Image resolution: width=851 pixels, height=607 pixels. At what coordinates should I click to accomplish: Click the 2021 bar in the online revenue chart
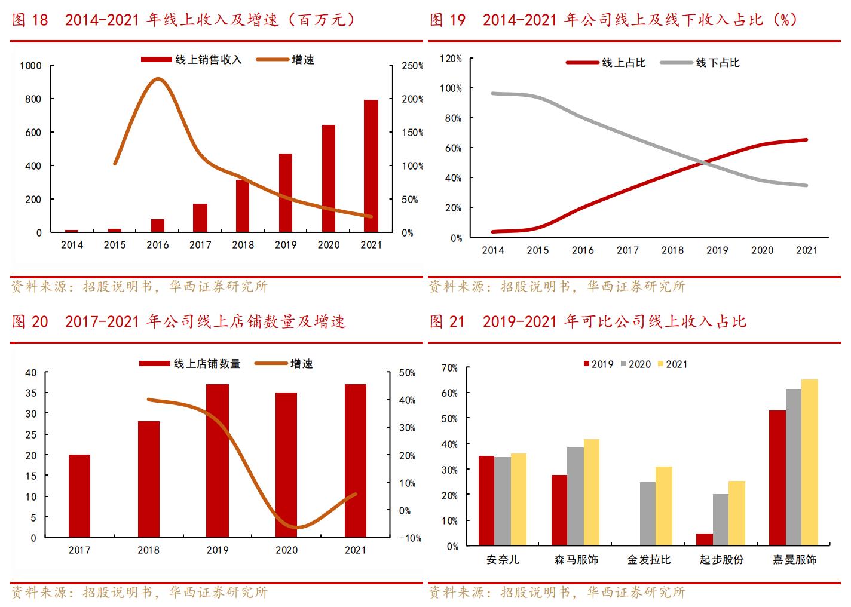coord(371,165)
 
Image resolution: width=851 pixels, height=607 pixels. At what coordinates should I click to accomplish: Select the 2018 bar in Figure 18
coord(243,206)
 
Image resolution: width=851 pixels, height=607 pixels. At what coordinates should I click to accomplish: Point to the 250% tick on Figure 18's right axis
coord(412,66)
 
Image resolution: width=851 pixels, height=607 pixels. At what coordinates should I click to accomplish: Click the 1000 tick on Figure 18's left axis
coord(30,66)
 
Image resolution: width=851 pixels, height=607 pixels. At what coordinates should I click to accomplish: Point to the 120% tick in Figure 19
coord(451,59)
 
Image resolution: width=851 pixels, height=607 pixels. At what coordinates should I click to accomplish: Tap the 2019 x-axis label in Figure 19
coord(717,250)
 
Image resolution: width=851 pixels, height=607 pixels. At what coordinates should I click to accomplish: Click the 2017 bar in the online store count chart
coord(79,496)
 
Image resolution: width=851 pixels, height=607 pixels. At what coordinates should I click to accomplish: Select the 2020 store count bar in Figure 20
coord(286,465)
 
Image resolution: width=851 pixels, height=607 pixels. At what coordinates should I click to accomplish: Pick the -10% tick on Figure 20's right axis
coord(409,538)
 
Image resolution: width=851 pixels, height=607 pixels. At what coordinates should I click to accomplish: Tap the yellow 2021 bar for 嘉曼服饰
coord(810,462)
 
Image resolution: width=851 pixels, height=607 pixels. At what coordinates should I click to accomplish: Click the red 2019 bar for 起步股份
coord(705,539)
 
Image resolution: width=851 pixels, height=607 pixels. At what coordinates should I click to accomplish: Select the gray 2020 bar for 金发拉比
coord(648,514)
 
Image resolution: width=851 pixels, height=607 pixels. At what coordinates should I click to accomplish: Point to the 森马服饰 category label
coord(576,560)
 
